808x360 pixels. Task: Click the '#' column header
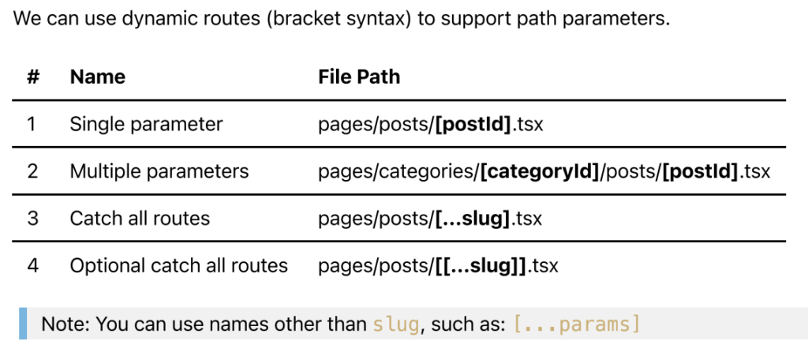32,77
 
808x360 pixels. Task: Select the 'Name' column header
97,77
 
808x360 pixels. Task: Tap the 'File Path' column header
359,77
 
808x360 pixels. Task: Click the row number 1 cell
32,124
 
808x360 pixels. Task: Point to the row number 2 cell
32,171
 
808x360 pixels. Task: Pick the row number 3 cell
32,218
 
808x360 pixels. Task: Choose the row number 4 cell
32,265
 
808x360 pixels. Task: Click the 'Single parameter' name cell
146,124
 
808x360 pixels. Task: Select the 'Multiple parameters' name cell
159,171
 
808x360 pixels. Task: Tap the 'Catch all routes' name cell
140,218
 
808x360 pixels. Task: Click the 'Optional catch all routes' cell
179,265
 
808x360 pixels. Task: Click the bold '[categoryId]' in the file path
540,171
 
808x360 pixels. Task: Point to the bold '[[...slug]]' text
481,265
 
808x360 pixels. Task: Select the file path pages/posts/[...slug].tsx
430,218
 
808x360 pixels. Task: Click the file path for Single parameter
430,124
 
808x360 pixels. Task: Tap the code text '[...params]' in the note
576,324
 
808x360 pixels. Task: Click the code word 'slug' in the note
395,324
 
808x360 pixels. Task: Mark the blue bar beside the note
24,324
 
